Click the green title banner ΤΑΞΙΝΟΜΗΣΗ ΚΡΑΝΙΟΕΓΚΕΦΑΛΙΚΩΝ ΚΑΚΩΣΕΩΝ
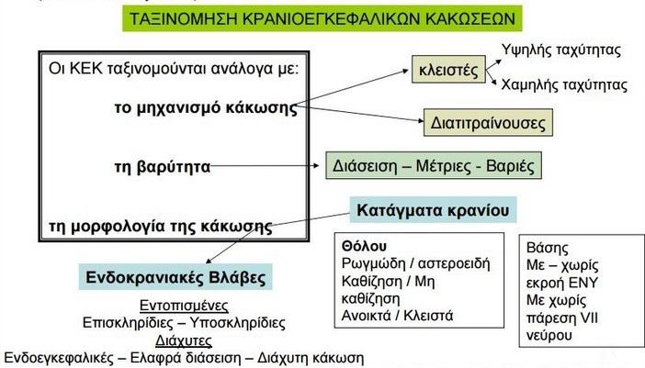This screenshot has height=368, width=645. tap(322, 18)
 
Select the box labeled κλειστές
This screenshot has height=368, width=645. tap(448, 70)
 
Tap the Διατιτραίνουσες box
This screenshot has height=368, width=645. tap(488, 122)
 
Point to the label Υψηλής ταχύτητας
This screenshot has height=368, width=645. tap(561, 50)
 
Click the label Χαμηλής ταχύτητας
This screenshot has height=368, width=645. tap(564, 85)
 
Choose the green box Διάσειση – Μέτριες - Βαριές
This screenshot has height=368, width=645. tap(434, 165)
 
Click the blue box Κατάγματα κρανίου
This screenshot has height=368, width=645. tap(433, 210)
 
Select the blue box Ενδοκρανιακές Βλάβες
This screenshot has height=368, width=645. tap(175, 277)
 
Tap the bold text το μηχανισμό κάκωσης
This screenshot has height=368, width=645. tap(206, 108)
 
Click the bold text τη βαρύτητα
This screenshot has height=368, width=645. tap(163, 167)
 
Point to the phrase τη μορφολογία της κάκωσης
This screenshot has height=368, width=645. tap(161, 227)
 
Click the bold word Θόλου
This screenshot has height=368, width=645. tap(364, 246)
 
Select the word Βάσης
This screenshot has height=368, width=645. tap(547, 248)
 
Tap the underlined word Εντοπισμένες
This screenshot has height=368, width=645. tap(184, 306)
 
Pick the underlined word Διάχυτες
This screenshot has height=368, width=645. tap(184, 340)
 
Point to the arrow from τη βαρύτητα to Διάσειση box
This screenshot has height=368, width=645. tap(265, 166)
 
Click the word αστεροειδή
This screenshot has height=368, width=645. tap(454, 263)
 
